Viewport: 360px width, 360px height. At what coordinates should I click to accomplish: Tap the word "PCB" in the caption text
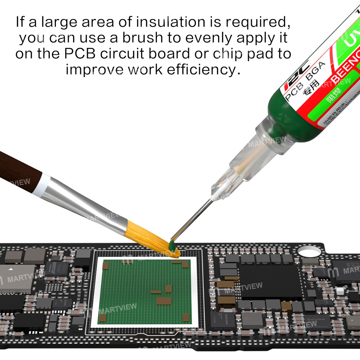79,54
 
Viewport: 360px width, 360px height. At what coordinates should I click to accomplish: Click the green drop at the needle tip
172,246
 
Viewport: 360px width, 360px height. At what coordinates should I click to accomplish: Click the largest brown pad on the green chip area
163,301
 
